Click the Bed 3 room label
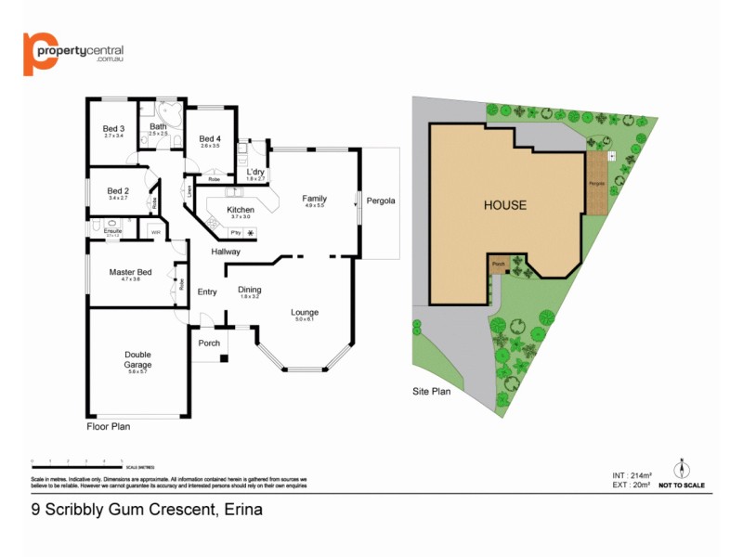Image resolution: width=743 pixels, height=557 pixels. coord(113,128)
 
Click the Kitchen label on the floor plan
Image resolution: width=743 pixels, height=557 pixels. coord(241,210)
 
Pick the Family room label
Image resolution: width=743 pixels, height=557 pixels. coord(315,199)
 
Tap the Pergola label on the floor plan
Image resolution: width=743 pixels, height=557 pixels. coord(380,201)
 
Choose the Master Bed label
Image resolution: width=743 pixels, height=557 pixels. coord(130,272)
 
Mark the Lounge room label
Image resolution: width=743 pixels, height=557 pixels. coord(305,312)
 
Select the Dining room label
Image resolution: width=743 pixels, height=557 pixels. coord(250,290)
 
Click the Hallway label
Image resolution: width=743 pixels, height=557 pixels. coord(226,252)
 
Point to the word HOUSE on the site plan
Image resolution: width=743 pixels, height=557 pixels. coord(504,205)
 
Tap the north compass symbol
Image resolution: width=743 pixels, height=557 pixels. coord(681,469)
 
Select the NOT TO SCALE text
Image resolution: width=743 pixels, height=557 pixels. coord(681,486)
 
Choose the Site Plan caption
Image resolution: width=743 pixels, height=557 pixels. coord(431,392)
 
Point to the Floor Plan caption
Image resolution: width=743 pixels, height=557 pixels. coord(108,427)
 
